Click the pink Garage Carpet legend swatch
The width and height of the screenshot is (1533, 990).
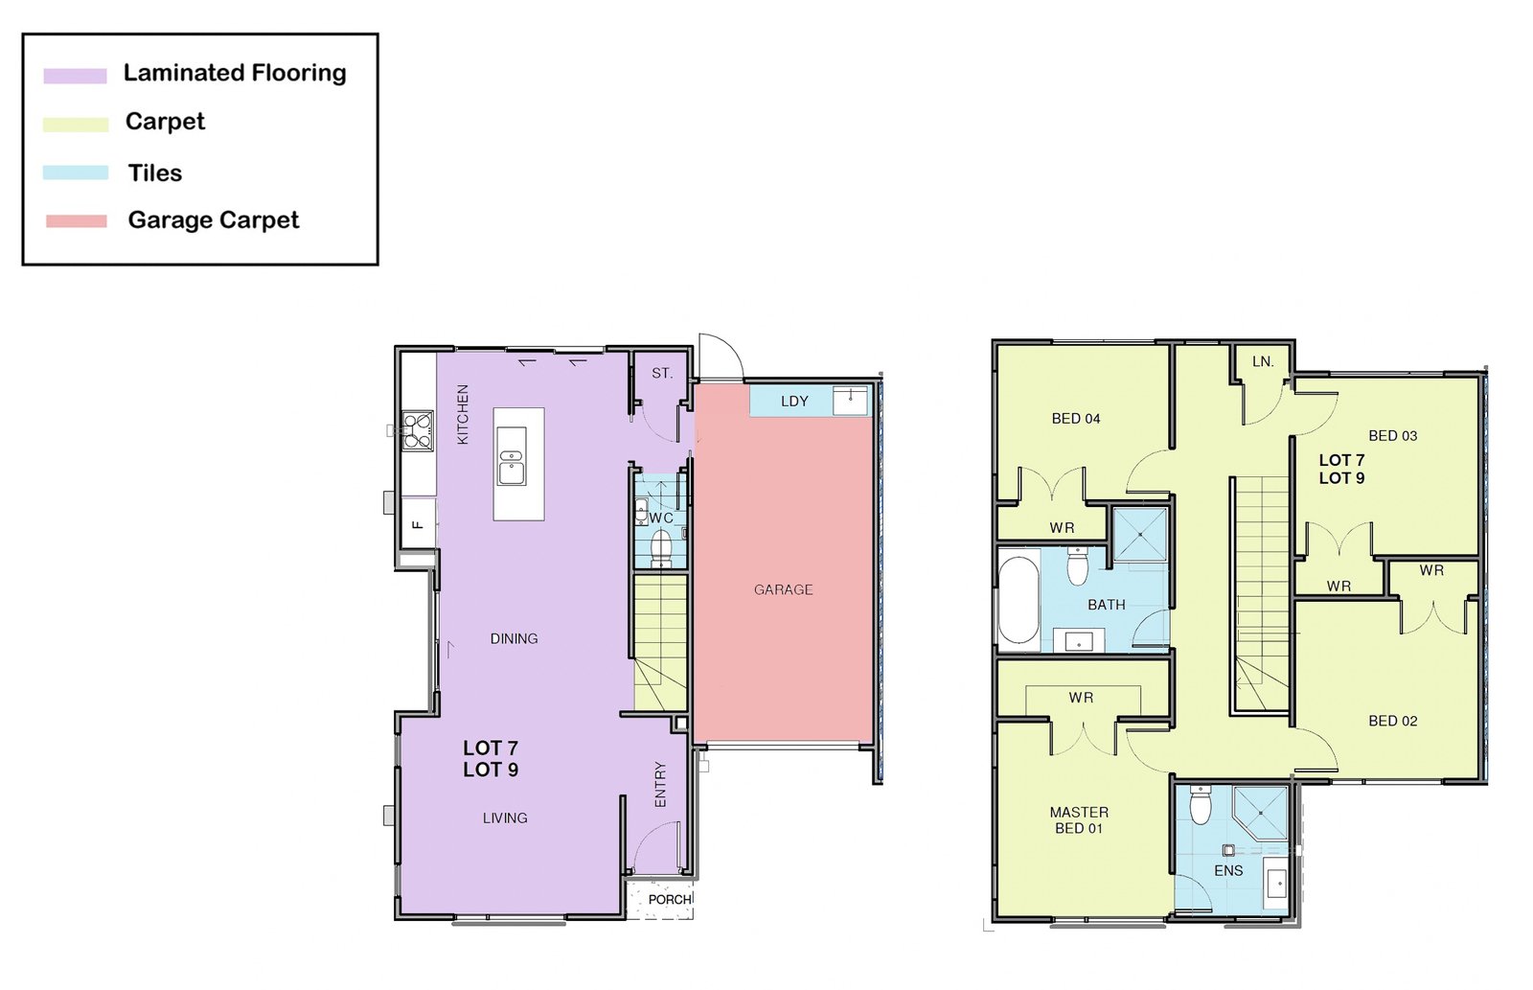[76, 221]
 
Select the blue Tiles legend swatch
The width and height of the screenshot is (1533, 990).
[76, 173]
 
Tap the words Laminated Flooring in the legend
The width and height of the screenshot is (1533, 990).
[235, 73]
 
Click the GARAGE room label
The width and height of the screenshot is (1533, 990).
[783, 589]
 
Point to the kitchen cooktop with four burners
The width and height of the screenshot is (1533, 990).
[417, 430]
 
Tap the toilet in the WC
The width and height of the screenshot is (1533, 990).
[660, 549]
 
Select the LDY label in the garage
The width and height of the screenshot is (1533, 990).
[794, 402]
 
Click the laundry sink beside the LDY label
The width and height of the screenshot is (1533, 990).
[850, 401]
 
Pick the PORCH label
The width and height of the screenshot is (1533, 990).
[670, 899]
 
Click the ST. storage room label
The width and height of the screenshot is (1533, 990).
[662, 373]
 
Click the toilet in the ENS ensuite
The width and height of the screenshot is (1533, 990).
[1201, 805]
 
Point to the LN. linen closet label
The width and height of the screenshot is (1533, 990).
[1263, 361]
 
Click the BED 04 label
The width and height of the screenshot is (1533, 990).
[1076, 418]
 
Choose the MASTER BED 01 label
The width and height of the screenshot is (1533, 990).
[1079, 820]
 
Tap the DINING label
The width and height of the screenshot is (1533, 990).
[514, 639]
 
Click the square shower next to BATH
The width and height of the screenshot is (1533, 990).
[1139, 535]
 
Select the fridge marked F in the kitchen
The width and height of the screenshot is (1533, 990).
[418, 524]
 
